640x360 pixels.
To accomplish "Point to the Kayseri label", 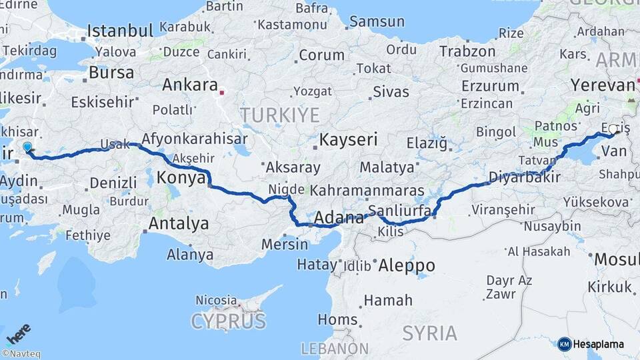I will [349, 140].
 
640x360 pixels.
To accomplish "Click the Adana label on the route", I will [339, 217].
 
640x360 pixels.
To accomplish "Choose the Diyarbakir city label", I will [524, 177].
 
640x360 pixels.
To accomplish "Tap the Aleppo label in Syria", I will [406, 265].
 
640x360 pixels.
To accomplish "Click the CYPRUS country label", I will [228, 321].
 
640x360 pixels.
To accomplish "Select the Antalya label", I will [178, 223].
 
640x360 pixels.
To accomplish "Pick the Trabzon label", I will [467, 51].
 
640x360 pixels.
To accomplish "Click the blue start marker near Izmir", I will [27, 147].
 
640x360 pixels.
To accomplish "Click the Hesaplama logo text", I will [598, 345].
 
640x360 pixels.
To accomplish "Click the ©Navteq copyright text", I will [21, 354].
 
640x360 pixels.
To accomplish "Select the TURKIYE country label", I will [280, 115].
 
